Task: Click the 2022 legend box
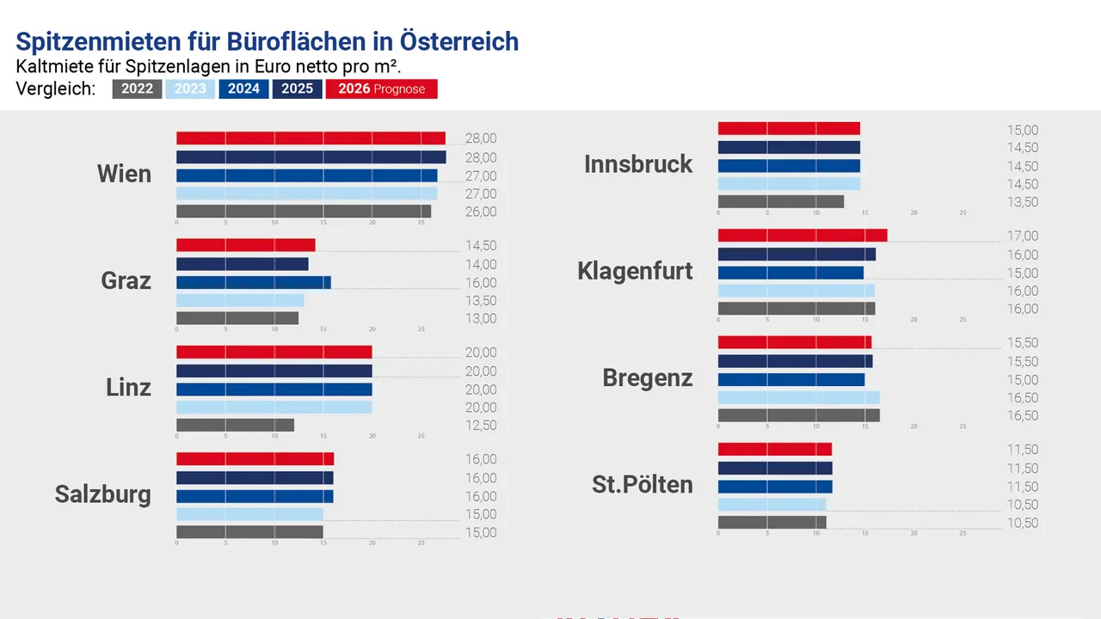pos(137,89)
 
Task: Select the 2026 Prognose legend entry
pos(381,89)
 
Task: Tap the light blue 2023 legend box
pos(190,89)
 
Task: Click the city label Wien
pos(124,174)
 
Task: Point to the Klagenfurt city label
pos(635,272)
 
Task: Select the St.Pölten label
pos(642,484)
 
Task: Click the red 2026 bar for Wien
pos(311,138)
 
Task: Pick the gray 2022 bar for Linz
pos(235,425)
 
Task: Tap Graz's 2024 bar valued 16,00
pos(253,283)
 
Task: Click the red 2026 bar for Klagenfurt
pos(802,236)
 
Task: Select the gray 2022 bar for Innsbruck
pos(780,202)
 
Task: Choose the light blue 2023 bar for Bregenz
pos(798,397)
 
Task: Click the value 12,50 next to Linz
pos(481,426)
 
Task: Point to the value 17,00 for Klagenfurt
pos(1023,236)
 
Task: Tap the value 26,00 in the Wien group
pos(481,212)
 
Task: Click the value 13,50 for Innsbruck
pos(1023,203)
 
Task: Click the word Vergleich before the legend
pos(55,89)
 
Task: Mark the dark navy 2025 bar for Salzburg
pos(255,478)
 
